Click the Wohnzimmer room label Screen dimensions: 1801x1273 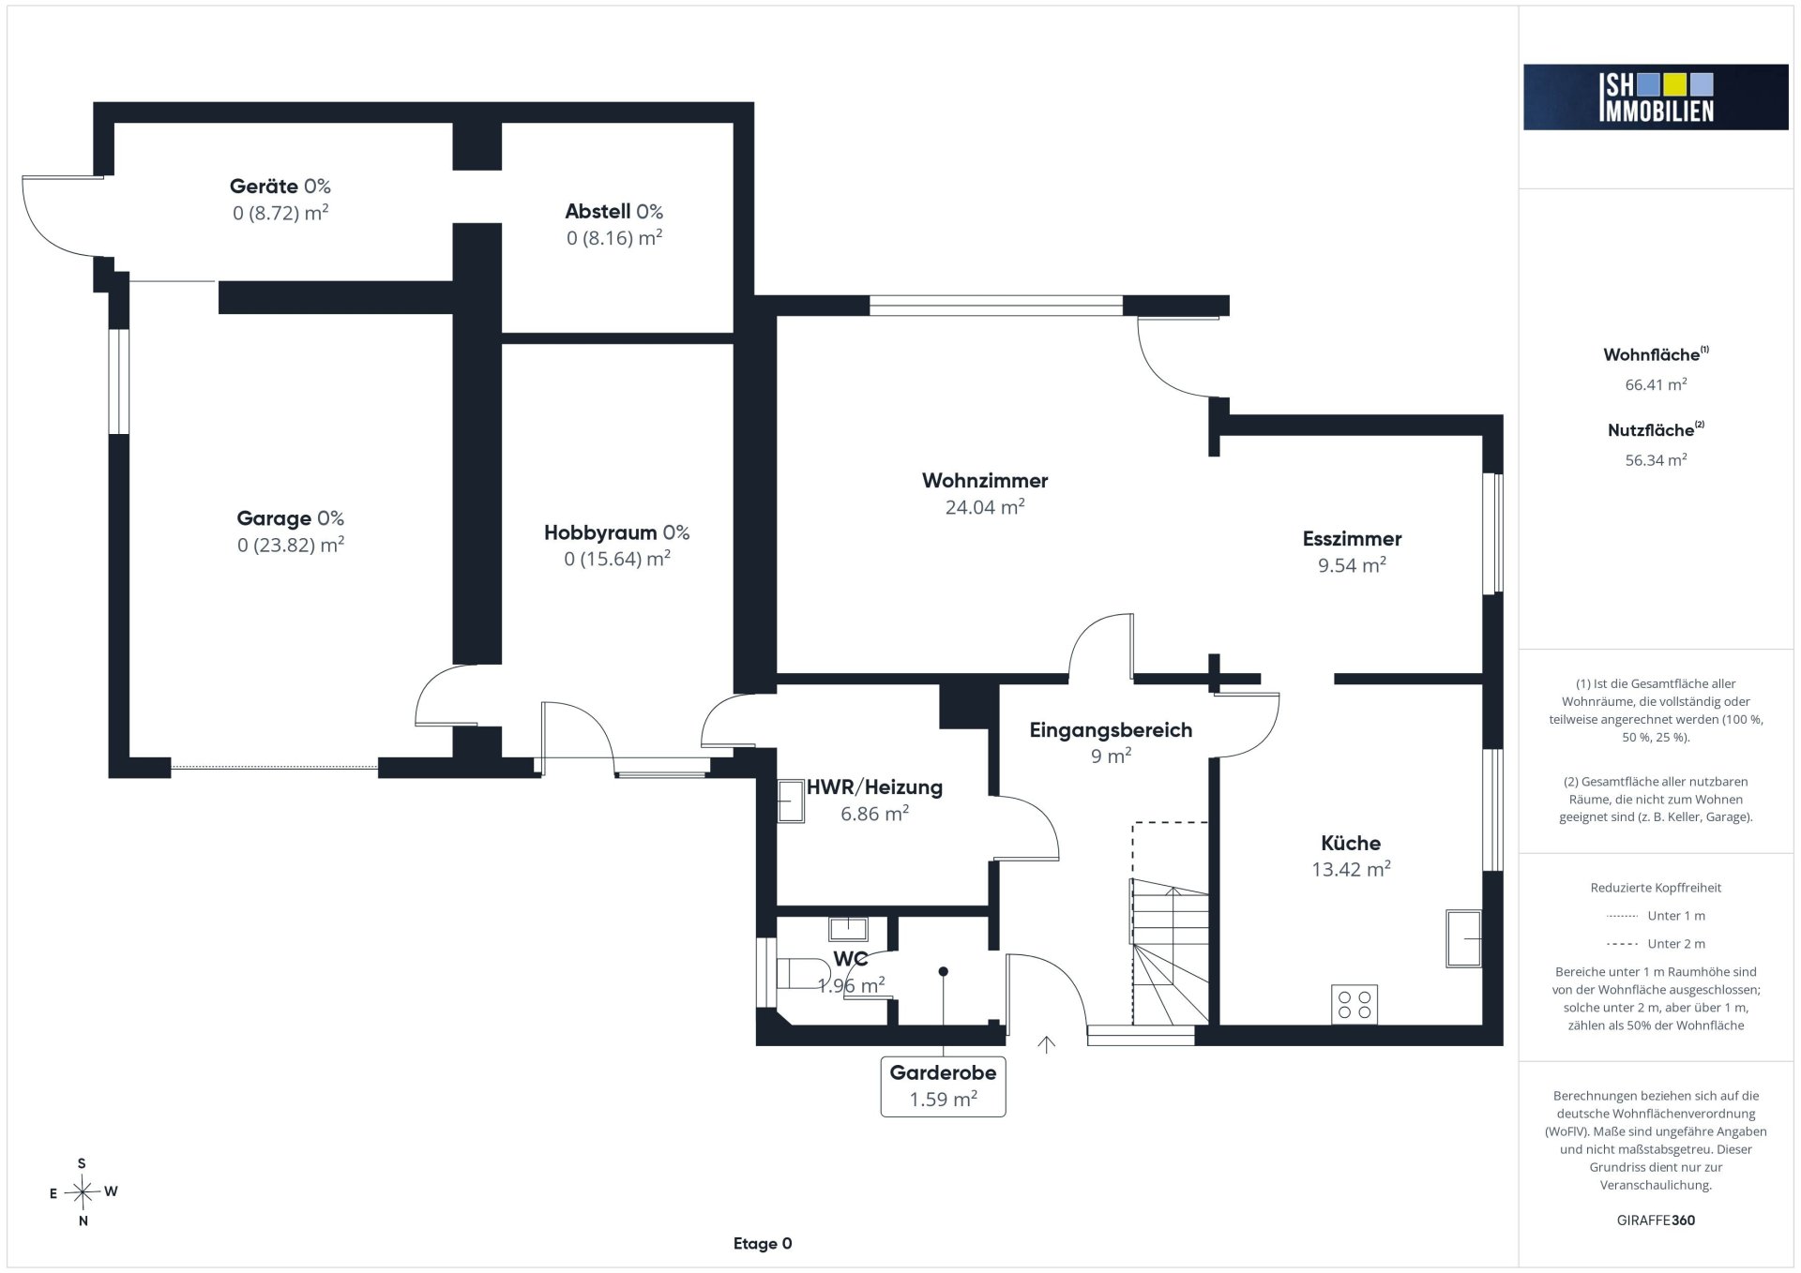point(985,481)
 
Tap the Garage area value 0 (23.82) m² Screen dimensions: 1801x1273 point(291,545)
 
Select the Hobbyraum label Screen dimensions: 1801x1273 point(600,533)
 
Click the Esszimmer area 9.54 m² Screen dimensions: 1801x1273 point(1352,565)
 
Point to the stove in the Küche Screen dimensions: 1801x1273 point(1355,1004)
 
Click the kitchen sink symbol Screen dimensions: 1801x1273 point(1463,937)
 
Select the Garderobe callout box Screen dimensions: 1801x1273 point(943,1086)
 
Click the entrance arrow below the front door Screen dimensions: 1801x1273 point(1047,1044)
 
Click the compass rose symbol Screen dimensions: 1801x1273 point(83,1192)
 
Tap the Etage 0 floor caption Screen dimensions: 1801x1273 point(763,1244)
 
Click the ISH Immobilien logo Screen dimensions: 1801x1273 point(1656,97)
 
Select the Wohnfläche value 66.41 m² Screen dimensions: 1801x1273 point(1657,384)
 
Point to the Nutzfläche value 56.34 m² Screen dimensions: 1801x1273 point(1657,460)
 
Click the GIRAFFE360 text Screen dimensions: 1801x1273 point(1657,1221)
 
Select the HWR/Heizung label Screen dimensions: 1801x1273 point(874,787)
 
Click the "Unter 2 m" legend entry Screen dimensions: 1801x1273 point(1657,944)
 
